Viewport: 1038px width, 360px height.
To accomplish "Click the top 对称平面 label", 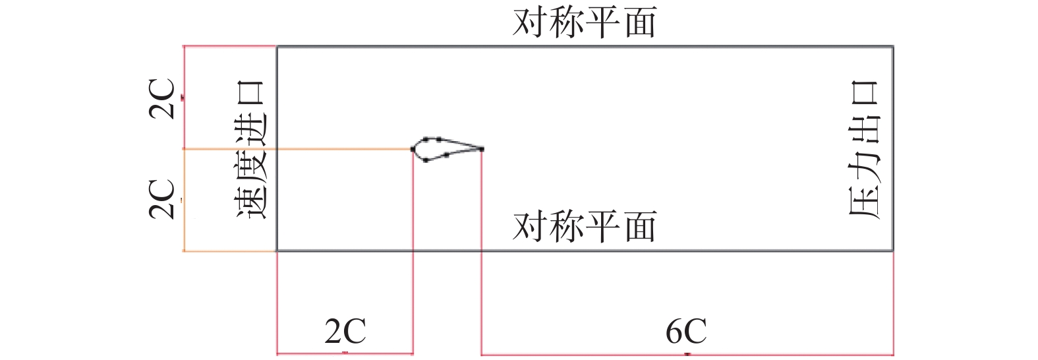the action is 585,22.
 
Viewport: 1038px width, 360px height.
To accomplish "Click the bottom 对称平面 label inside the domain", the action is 585,227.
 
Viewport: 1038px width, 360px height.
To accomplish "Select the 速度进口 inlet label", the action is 250,150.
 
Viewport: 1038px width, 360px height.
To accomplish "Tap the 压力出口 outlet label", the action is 863,150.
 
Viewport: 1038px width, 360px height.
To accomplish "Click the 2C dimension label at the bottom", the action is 345,330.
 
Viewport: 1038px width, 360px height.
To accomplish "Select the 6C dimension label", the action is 686,330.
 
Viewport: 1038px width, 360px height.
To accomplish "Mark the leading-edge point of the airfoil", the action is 413,149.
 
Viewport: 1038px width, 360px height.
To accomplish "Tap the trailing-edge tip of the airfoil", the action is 482,149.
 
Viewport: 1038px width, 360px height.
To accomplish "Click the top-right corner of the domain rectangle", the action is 893,47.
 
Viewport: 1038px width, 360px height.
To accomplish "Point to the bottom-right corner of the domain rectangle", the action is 893,251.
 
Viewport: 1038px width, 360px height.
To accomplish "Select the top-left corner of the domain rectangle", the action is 277,47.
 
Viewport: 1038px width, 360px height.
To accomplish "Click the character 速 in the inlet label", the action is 250,201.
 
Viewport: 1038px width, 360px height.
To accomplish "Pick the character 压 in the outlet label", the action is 863,201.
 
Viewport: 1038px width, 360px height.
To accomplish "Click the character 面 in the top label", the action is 639,22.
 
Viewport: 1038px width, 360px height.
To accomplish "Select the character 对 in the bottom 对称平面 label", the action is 530,227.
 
